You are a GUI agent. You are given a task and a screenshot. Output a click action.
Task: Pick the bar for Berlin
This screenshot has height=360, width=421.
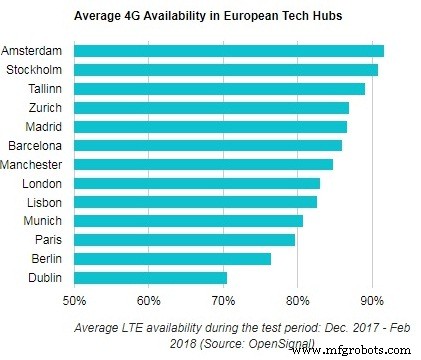coord(173,258)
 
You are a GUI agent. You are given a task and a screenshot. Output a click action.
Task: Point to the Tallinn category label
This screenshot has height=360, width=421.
coord(46,89)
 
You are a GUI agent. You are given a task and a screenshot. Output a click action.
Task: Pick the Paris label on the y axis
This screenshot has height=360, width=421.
coord(50,240)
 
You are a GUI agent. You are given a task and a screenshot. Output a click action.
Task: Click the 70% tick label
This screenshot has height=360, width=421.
coord(223,299)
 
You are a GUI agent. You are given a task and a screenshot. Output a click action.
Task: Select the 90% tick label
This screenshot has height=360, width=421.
coord(372,299)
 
